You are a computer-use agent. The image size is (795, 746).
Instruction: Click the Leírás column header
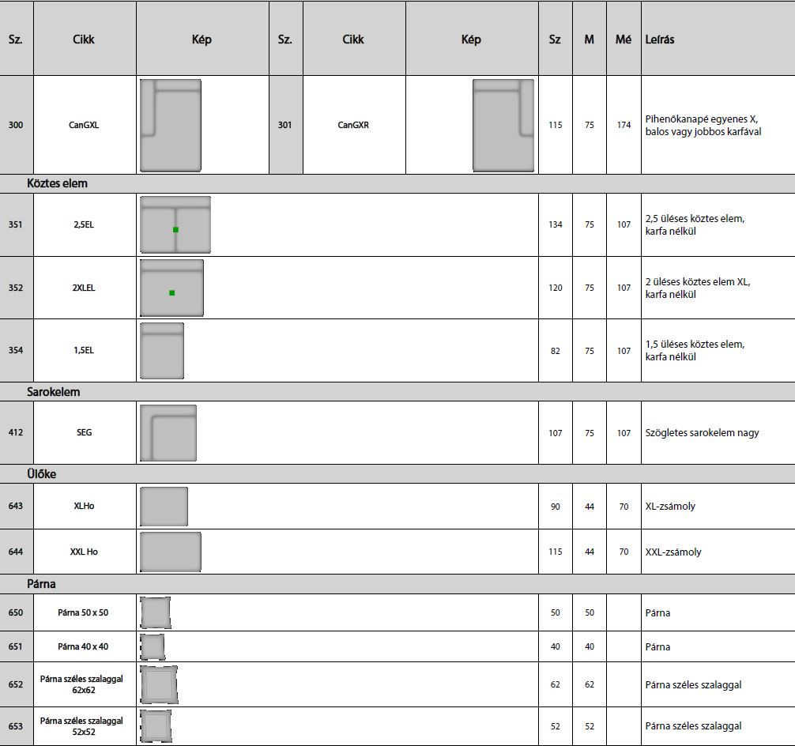[x=660, y=40]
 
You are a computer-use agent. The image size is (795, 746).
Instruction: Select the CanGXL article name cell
[x=84, y=125]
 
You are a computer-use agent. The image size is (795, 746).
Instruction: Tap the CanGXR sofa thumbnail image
[x=503, y=126]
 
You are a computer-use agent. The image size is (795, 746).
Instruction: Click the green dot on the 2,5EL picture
[x=175, y=230]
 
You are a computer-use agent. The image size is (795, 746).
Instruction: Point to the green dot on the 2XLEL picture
[x=171, y=293]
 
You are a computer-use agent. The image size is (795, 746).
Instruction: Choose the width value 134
[x=556, y=224]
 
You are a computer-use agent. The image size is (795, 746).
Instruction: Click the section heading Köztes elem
[x=57, y=183]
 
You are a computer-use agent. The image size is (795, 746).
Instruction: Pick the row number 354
[x=16, y=350]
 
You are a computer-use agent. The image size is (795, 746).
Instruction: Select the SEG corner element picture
[x=168, y=433]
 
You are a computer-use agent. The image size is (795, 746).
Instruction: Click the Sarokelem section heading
[x=53, y=392]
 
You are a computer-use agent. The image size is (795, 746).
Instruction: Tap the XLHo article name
[x=84, y=506]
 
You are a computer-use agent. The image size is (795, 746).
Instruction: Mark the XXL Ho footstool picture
[x=171, y=552]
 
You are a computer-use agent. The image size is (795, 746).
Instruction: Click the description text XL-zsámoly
[x=670, y=507]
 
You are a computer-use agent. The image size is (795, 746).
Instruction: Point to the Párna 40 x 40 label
[x=83, y=646]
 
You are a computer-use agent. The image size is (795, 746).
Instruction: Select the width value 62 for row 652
[x=556, y=684]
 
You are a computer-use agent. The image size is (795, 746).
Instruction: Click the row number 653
[x=16, y=725]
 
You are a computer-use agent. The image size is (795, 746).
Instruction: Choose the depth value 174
[x=624, y=125]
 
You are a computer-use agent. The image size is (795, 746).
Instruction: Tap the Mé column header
[x=624, y=40]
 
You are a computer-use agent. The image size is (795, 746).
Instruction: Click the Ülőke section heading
[x=41, y=474]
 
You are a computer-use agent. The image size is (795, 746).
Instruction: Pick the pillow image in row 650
[x=156, y=612]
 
